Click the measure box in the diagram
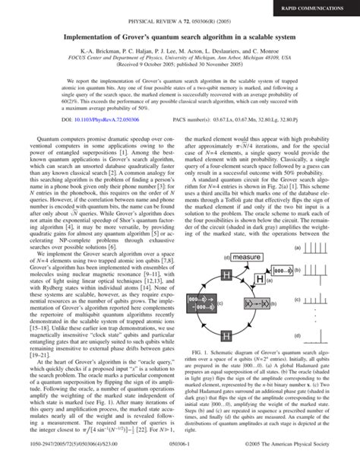tap(248, 258)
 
